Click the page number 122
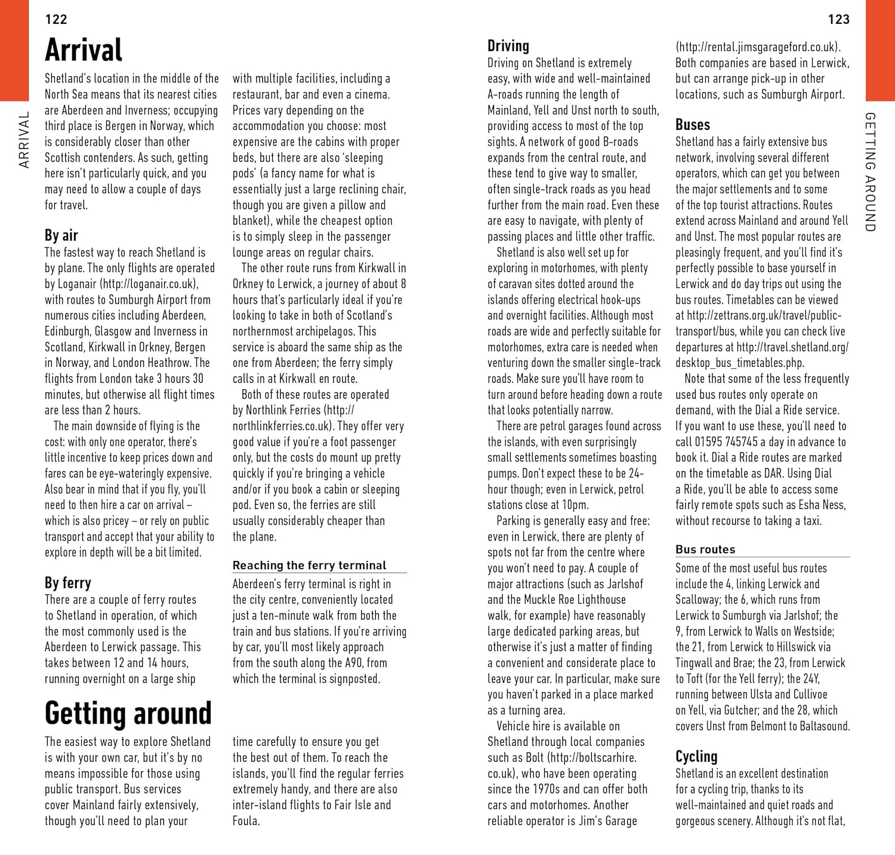point(56,19)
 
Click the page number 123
point(838,19)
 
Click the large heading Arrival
point(84,50)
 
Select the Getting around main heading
point(128,712)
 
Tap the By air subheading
point(61,235)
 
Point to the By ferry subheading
point(68,582)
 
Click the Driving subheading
point(508,46)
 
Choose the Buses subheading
point(693,125)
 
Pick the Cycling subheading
point(696,757)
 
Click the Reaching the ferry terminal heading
point(309,565)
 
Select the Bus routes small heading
point(705,550)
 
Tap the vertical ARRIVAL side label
point(24,140)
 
